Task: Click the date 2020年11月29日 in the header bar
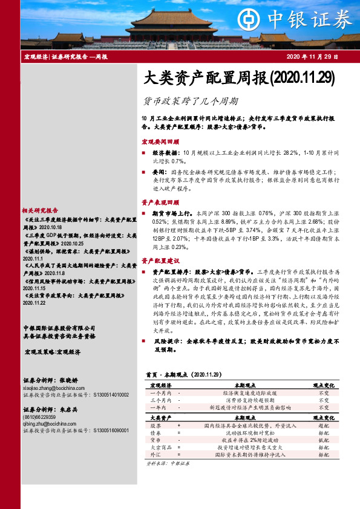point(312,57)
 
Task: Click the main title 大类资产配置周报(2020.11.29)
point(237,78)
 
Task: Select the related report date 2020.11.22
point(35,303)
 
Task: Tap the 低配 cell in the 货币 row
point(324,441)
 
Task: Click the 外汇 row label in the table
point(155,455)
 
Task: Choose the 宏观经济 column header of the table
point(160,384)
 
